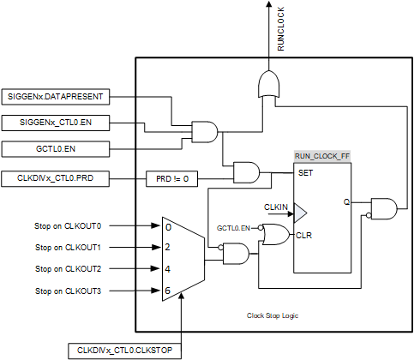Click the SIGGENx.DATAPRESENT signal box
coord(56,97)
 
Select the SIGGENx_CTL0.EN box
coord(56,123)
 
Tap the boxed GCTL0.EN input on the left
coord(56,149)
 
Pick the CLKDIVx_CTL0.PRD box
coord(55,178)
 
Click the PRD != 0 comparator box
coord(171,179)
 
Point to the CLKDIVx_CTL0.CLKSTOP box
coord(124,351)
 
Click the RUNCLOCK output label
coord(281,29)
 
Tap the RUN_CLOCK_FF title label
coord(322,156)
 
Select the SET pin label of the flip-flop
coord(305,173)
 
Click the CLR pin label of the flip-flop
coord(303,236)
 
